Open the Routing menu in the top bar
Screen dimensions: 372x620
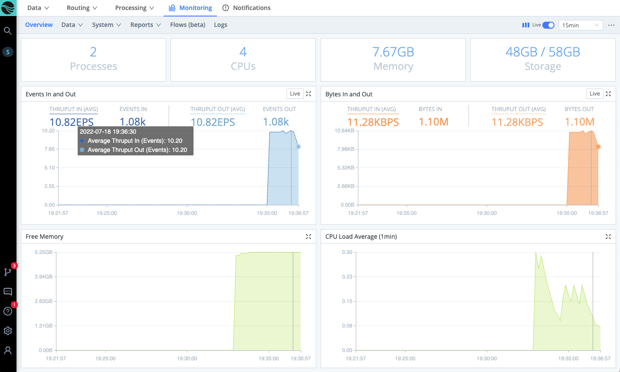click(x=82, y=8)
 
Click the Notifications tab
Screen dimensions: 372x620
click(x=246, y=8)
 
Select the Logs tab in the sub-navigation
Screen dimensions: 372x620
click(x=220, y=25)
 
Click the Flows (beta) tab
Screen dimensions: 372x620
click(x=187, y=25)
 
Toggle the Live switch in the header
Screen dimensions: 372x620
click(x=548, y=25)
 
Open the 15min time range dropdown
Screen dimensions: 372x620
click(x=581, y=25)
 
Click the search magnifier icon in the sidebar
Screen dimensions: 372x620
click(x=8, y=31)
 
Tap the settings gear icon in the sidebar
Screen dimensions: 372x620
click(x=8, y=331)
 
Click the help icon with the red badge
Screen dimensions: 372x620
click(x=8, y=311)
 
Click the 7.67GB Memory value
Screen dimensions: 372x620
click(x=393, y=52)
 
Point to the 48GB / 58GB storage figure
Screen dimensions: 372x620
click(x=543, y=52)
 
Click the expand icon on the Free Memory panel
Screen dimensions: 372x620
click(x=308, y=237)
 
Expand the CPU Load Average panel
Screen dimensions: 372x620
click(x=608, y=237)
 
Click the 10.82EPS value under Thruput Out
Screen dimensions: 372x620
click(x=213, y=122)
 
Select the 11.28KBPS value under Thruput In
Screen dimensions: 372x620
click(x=373, y=122)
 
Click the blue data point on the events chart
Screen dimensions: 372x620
click(x=299, y=147)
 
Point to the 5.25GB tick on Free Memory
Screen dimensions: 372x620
click(x=43, y=252)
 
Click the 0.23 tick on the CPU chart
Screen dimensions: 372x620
click(x=347, y=277)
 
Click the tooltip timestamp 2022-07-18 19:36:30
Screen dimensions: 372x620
click(x=108, y=132)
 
